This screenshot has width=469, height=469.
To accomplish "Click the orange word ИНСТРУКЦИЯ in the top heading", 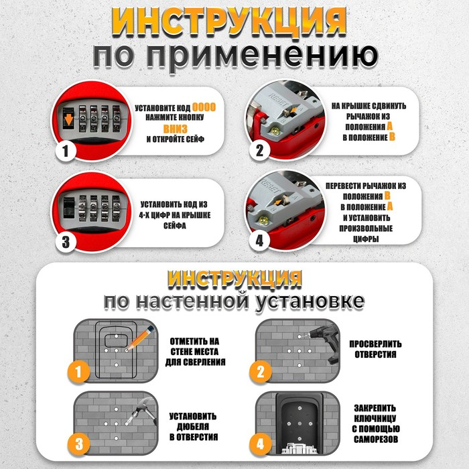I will [234, 22].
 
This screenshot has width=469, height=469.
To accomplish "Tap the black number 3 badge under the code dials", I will [65, 241].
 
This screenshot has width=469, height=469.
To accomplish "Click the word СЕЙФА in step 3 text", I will [174, 226].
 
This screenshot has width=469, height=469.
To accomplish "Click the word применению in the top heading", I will [234, 57].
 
